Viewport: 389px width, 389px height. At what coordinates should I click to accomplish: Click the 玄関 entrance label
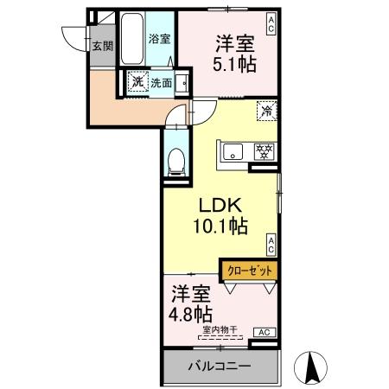click(102, 46)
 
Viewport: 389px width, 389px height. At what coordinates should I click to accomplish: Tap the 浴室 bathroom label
click(158, 39)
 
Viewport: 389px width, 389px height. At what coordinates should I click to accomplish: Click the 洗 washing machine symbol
click(137, 82)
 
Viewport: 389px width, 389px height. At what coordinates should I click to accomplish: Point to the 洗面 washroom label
click(161, 83)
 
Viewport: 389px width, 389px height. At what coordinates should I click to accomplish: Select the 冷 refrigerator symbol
click(267, 110)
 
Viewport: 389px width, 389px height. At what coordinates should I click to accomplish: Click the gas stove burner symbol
click(263, 150)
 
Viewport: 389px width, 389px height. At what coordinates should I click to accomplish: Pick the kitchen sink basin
click(233, 153)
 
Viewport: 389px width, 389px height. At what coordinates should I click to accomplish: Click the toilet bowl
click(175, 160)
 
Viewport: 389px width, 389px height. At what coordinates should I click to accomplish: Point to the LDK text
click(220, 207)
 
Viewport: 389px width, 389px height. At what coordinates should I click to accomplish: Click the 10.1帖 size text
click(220, 227)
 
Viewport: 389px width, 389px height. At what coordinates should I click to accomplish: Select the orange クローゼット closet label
click(249, 271)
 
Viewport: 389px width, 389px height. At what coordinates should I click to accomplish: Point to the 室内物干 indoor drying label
click(220, 328)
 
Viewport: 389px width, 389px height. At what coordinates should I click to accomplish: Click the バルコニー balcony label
click(220, 367)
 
